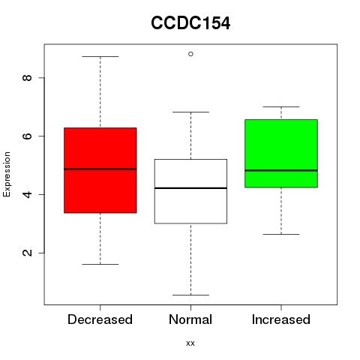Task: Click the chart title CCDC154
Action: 190,23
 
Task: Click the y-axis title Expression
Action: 7,174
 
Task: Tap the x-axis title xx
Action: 190,343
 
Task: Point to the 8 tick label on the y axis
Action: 27,77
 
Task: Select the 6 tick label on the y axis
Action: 27,136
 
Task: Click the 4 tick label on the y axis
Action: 27,194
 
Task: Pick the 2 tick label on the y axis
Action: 27,253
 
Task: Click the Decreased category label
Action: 100,319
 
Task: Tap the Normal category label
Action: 190,319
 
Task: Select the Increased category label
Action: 281,319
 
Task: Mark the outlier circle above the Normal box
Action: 190,54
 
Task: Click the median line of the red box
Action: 100,169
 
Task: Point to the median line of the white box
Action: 190,188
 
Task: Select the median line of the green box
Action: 281,170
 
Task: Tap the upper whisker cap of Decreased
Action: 100,57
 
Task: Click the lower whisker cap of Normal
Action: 190,295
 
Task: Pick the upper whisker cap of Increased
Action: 281,106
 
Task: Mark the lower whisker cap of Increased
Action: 281,234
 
